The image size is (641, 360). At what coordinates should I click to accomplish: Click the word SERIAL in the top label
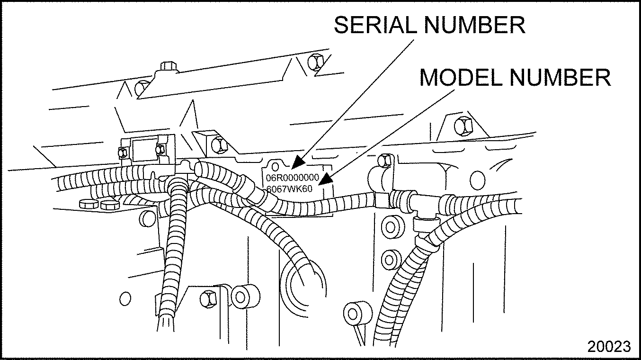(x=375, y=25)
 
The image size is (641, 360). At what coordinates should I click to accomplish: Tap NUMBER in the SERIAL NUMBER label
(x=474, y=25)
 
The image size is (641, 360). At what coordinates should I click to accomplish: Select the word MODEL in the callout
(x=461, y=77)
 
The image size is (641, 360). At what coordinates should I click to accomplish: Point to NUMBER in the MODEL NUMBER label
(x=560, y=77)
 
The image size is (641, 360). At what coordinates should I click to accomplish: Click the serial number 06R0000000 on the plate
(x=293, y=178)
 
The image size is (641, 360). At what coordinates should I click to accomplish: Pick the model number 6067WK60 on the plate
(x=289, y=189)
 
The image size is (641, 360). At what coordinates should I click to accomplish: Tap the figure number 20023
(x=609, y=347)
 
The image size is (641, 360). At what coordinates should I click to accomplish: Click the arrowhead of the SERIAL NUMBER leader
(x=298, y=162)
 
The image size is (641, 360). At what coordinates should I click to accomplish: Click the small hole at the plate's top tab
(x=275, y=167)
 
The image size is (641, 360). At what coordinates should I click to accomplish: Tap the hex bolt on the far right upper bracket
(x=463, y=126)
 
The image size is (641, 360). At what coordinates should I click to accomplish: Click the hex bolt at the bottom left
(x=208, y=299)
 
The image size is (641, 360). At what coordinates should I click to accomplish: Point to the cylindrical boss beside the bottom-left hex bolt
(x=246, y=297)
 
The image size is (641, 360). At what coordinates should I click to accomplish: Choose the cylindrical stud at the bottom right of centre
(x=358, y=313)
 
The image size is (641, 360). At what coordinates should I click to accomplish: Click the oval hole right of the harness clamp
(x=478, y=180)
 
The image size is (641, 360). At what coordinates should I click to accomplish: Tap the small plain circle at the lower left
(x=125, y=299)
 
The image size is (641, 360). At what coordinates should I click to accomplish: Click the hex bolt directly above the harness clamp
(x=384, y=161)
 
